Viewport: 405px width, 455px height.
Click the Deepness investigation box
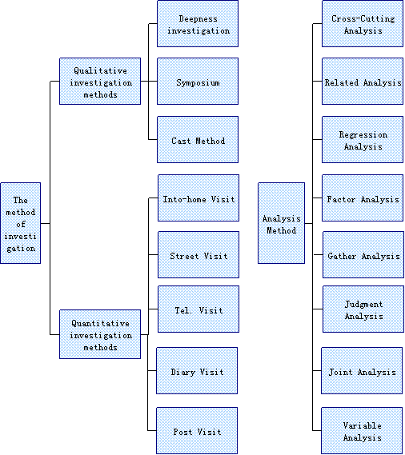coord(198,23)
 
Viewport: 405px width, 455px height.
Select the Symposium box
coord(198,82)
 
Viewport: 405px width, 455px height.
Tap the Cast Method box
coord(198,140)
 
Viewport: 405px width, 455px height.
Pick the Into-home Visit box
coord(198,198)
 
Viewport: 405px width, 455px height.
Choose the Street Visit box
coord(198,255)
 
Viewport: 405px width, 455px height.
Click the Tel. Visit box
coord(198,309)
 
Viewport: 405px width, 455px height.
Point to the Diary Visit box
coord(197,370)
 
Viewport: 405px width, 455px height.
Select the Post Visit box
coord(197,431)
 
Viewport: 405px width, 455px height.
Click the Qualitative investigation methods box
coord(100,82)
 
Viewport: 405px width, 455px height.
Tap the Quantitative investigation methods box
coord(100,334)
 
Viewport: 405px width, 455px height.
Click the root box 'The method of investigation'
coord(21,223)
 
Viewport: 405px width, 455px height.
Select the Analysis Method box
coord(282,223)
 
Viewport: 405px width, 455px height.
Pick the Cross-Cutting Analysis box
coord(363,23)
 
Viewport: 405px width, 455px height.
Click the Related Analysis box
coord(363,82)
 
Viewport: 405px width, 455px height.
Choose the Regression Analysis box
coord(363,140)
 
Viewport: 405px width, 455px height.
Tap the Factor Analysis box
coord(363,198)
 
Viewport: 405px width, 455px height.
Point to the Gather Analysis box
coord(363,255)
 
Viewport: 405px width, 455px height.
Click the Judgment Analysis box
coord(363,309)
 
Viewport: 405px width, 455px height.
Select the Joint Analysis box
coord(362,370)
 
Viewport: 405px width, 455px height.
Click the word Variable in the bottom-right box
coord(363,425)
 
